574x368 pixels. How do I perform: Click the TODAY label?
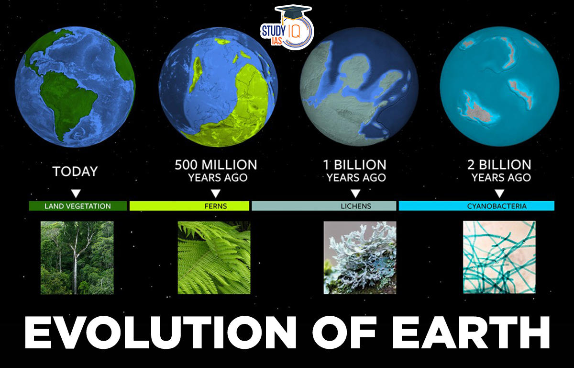(75, 171)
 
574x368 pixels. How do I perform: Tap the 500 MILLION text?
(216, 165)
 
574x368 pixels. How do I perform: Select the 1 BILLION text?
(354, 165)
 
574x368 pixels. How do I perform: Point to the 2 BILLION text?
(499, 165)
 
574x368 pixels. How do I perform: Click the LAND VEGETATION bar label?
(77, 206)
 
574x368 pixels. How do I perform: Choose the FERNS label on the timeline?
(216, 206)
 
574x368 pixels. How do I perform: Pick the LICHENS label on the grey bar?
(356, 206)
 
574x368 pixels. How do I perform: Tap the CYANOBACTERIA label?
(497, 206)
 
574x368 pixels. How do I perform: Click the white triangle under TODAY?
(76, 193)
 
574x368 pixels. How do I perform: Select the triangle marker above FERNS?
(216, 193)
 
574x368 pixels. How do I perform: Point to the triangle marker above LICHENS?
(355, 193)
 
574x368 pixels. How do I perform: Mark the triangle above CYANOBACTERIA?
(499, 193)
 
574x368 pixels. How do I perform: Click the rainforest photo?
(77, 258)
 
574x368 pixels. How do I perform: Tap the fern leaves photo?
(214, 258)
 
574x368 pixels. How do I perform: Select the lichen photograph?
(360, 258)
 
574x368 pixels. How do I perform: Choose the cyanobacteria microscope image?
(499, 257)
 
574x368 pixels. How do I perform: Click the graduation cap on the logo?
(293, 11)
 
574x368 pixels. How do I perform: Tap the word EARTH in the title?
(471, 333)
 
